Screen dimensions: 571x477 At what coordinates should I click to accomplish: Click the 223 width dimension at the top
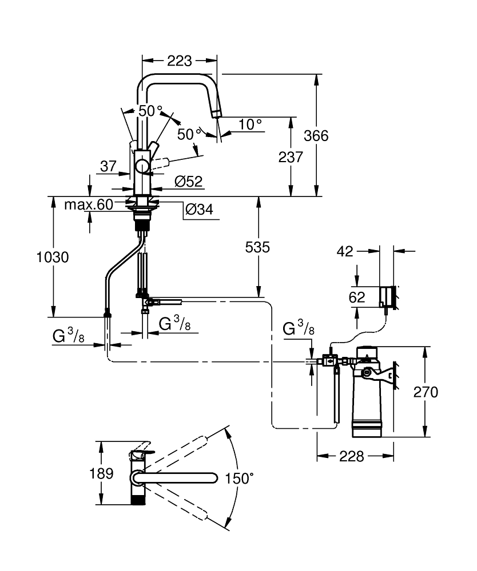pos(179,60)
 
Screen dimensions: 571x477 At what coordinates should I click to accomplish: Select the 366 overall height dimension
pos(316,136)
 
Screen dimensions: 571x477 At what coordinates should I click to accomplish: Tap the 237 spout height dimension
pos(291,156)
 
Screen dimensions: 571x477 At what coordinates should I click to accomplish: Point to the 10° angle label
pos(250,123)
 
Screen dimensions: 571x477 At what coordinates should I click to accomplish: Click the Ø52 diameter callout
pos(188,182)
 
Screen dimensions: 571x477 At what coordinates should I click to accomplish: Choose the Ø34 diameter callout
pos(198,210)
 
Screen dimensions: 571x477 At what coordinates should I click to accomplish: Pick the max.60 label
pos(89,204)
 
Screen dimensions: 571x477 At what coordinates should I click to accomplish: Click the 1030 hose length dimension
pos(53,257)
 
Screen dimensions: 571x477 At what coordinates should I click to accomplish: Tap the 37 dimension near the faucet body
pos(108,166)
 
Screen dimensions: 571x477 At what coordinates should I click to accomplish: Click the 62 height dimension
pos(356,297)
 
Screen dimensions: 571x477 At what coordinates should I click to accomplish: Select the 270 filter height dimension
pos(426,392)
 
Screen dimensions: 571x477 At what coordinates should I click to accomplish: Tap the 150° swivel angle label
pos(239,478)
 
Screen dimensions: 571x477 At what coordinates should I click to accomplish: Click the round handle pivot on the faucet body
pos(142,167)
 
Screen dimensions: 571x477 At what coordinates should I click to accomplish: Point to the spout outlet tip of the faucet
pos(216,114)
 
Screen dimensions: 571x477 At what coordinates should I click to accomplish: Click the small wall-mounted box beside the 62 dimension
pos(387,296)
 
